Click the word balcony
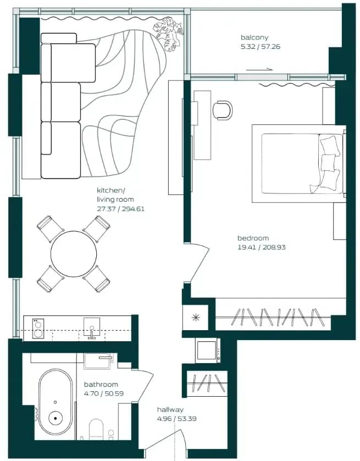[x=254, y=37]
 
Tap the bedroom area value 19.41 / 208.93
[x=262, y=247]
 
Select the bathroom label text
[x=101, y=384]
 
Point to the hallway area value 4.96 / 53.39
[x=177, y=418]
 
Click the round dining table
[x=74, y=254]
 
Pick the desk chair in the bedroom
[x=223, y=110]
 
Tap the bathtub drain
[x=56, y=418]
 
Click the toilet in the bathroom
[x=96, y=429]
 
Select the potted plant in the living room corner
[x=168, y=35]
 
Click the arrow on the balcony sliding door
[x=259, y=70]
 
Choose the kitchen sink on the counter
[x=92, y=328]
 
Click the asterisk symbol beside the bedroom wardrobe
[x=196, y=318]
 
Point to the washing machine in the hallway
[x=208, y=350]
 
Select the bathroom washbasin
[x=97, y=362]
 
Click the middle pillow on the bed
[x=329, y=163]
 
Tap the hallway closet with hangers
[x=207, y=383]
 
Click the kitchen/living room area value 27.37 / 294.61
[x=120, y=209]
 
